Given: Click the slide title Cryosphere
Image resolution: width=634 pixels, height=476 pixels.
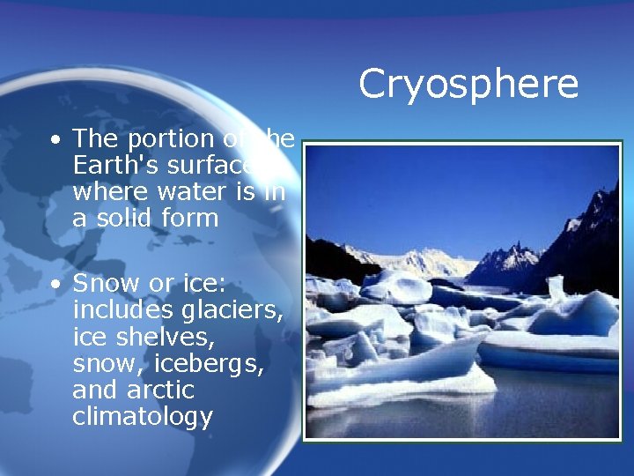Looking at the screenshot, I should (468, 85).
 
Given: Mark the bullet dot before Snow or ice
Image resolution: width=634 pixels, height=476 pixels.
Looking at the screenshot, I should (56, 286).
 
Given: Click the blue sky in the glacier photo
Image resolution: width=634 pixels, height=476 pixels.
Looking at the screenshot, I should (440, 194).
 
